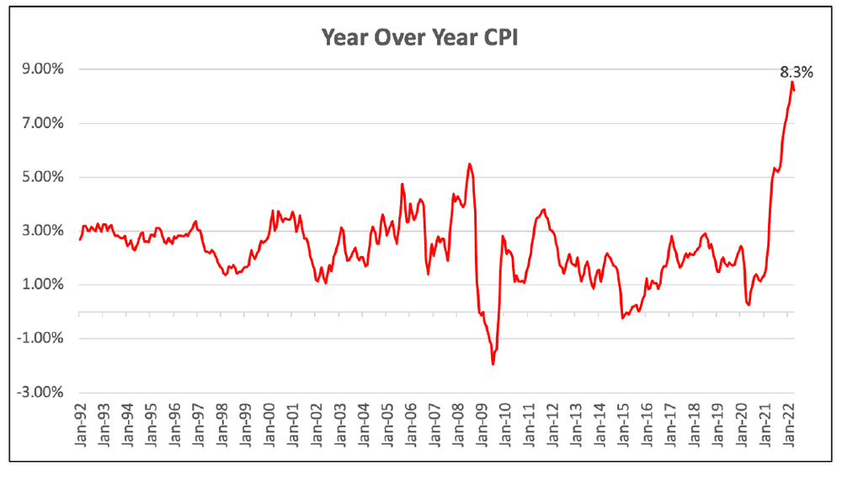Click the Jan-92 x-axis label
coord(81,423)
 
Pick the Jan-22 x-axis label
coord(791,423)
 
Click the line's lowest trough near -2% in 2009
coord(493,364)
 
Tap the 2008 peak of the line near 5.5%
coord(469,163)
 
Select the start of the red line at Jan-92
coord(79,239)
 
